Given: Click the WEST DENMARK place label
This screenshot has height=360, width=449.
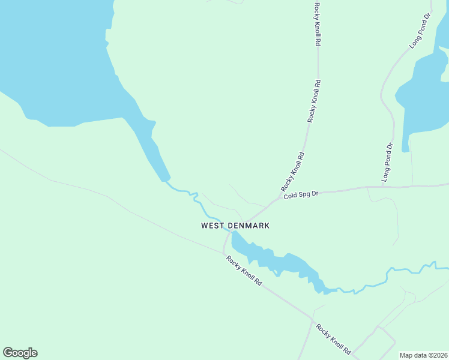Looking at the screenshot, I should pos(235,226).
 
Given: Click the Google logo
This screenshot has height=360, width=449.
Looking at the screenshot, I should pos(20,353).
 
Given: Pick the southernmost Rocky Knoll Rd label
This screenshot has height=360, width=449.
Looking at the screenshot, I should pos(333,339).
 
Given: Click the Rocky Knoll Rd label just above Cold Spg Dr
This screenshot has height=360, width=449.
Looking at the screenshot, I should pos(293,172).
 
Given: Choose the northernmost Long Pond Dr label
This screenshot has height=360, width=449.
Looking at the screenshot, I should pos(420,31).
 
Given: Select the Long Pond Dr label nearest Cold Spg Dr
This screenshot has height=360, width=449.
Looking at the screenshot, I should pos(388,163).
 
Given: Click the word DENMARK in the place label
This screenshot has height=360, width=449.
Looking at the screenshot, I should pos(249,226).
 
